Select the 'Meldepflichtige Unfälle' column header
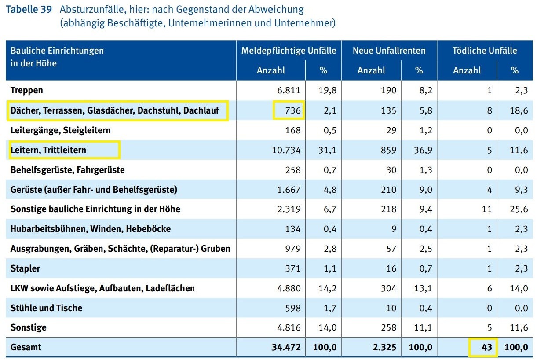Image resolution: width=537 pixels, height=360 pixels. click(289, 51)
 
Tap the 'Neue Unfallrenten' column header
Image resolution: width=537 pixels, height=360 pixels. click(389, 51)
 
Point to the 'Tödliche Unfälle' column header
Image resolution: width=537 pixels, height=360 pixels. click(485, 51)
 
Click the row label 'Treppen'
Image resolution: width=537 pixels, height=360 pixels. click(27, 91)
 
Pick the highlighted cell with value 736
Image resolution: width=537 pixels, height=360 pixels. click(289, 110)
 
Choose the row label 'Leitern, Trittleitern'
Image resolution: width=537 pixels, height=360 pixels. click(48, 150)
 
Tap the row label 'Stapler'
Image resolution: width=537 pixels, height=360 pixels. click(25, 268)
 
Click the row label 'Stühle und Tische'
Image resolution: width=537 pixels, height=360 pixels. click(46, 308)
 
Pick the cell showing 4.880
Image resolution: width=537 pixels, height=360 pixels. click(288, 288)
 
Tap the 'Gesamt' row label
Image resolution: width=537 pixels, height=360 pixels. click(26, 347)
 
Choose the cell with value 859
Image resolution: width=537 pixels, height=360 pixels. click(387, 150)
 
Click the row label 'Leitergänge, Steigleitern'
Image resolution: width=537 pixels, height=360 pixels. click(61, 130)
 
